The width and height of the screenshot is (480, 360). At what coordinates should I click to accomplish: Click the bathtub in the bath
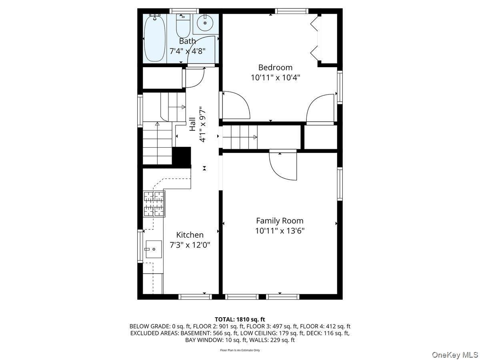(x=155, y=38)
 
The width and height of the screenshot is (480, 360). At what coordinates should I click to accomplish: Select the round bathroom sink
(x=205, y=23)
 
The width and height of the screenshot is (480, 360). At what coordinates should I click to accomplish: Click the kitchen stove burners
(x=154, y=204)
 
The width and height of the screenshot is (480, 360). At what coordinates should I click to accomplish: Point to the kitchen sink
(x=154, y=249)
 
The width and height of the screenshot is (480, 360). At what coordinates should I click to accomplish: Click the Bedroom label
(x=275, y=68)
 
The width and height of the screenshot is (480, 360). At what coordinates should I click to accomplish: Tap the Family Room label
(x=280, y=221)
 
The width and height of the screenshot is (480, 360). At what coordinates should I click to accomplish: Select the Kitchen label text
(x=190, y=235)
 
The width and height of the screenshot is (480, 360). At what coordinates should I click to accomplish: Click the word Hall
(x=192, y=124)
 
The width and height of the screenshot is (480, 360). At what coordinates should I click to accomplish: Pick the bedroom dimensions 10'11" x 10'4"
(x=275, y=78)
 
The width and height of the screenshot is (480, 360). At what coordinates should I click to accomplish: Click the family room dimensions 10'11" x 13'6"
(x=280, y=231)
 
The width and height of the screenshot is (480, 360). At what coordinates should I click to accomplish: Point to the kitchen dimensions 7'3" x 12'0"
(x=190, y=245)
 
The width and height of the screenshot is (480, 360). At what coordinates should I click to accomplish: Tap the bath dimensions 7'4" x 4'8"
(x=188, y=51)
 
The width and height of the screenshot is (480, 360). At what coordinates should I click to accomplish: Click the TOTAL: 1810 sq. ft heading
(x=240, y=319)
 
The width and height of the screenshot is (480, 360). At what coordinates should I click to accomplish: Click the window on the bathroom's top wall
(x=184, y=11)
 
